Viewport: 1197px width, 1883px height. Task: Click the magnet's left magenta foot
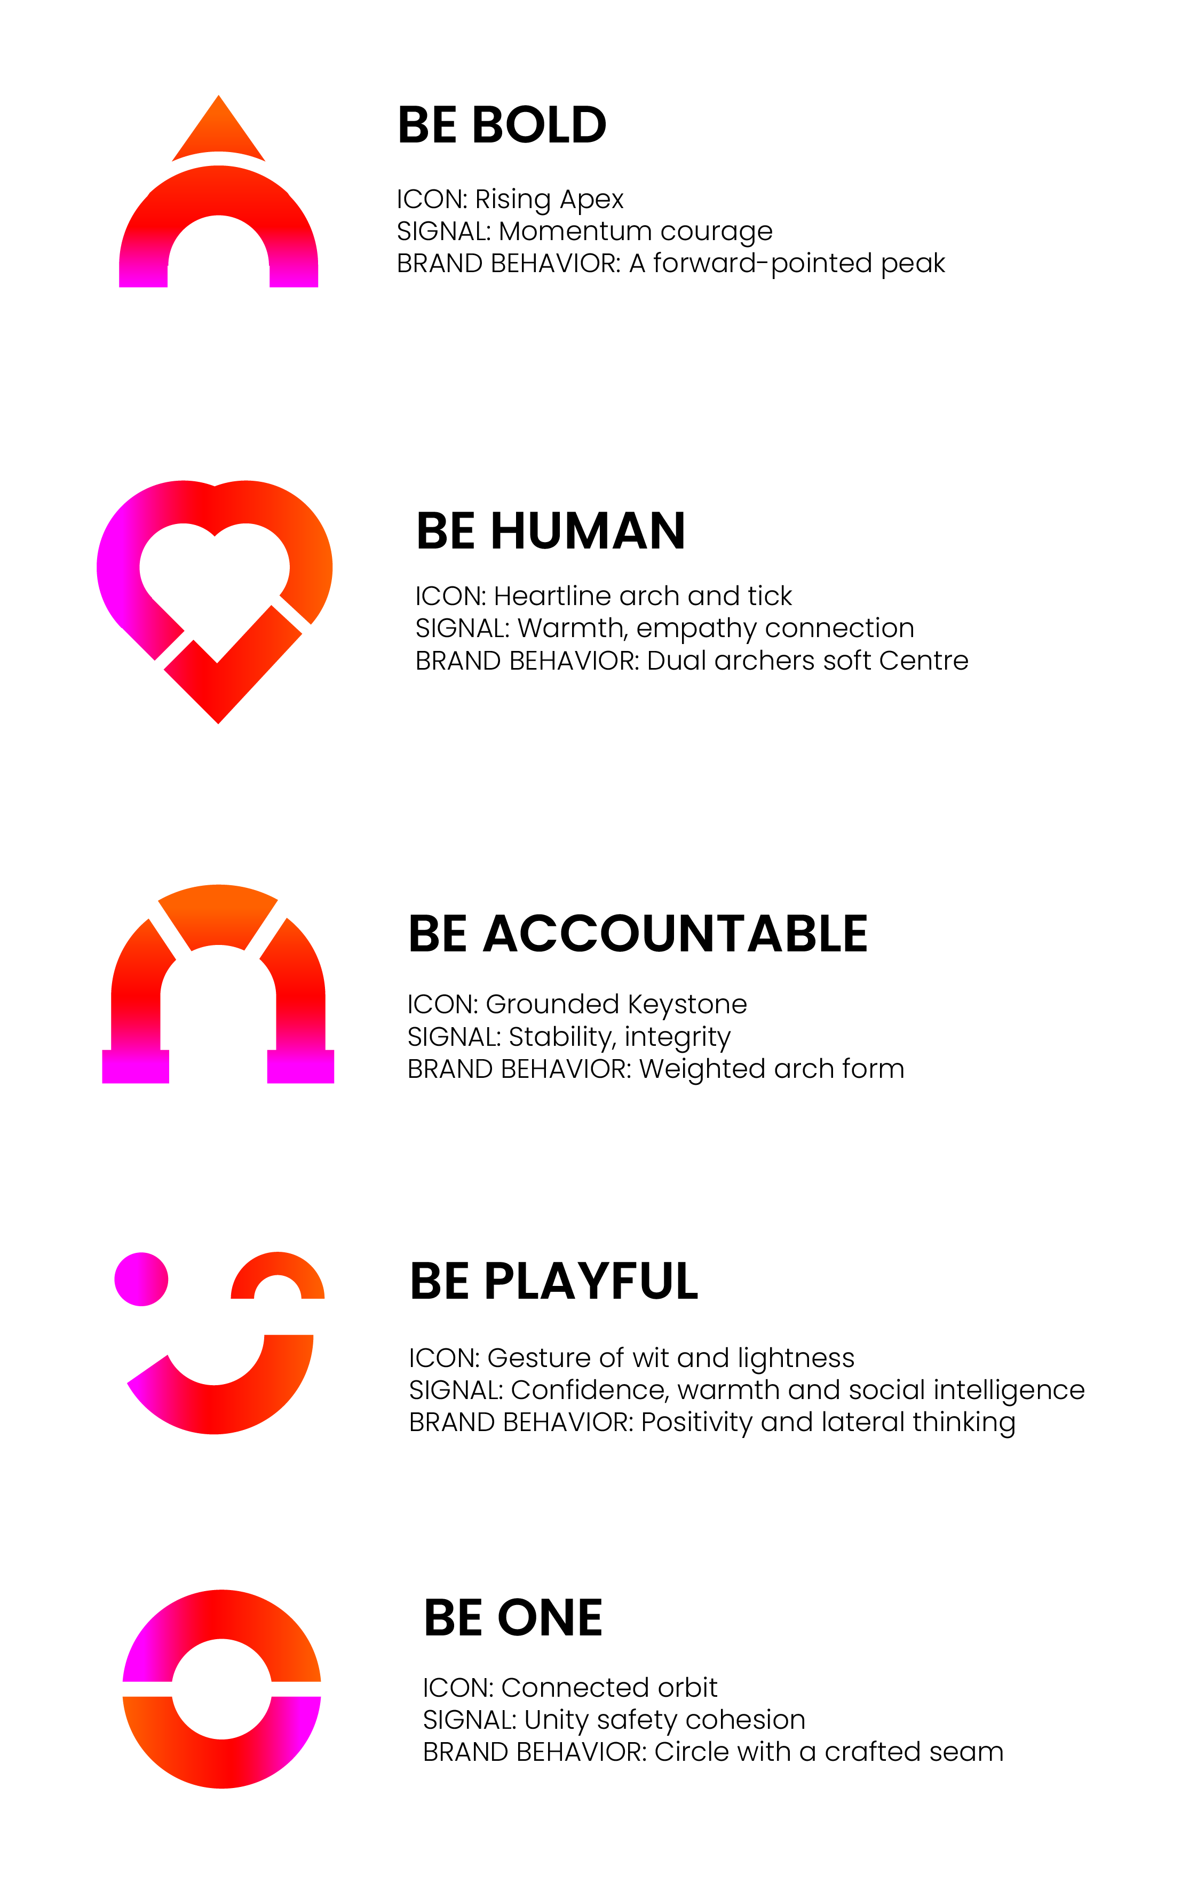135,1067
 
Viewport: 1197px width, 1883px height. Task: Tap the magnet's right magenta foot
301,1067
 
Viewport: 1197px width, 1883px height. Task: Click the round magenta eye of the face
141,1278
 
